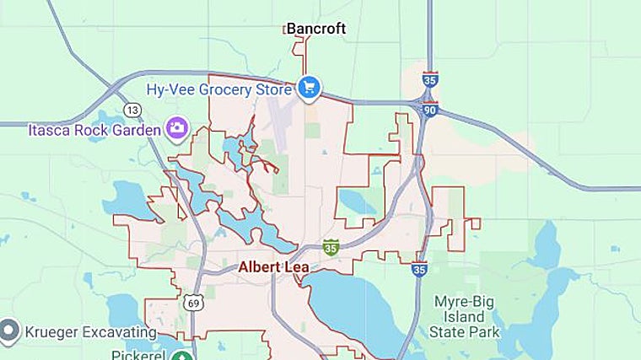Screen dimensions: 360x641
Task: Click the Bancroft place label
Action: (x=316, y=29)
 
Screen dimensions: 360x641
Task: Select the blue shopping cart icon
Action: (x=309, y=87)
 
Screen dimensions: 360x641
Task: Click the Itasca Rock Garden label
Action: (x=94, y=130)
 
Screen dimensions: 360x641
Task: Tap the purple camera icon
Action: (x=177, y=128)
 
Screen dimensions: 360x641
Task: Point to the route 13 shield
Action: (x=132, y=110)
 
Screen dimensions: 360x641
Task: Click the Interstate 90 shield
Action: (x=430, y=110)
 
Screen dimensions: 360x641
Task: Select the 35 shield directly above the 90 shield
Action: (x=430, y=81)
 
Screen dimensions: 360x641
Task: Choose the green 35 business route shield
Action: (x=331, y=248)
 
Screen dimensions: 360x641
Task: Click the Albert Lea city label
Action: (x=273, y=267)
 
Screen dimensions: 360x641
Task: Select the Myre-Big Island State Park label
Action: (x=467, y=316)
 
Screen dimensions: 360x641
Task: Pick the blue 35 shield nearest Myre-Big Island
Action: (x=419, y=268)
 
